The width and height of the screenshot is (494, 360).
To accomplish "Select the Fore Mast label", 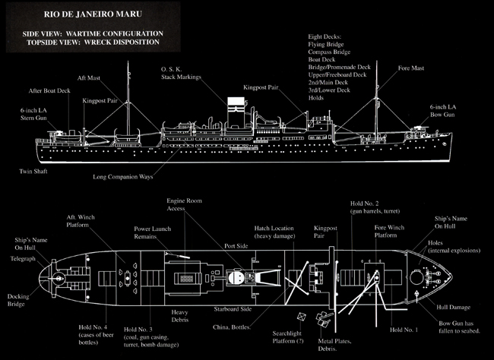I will click(x=412, y=77).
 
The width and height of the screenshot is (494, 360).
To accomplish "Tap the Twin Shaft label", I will click(x=36, y=172).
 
